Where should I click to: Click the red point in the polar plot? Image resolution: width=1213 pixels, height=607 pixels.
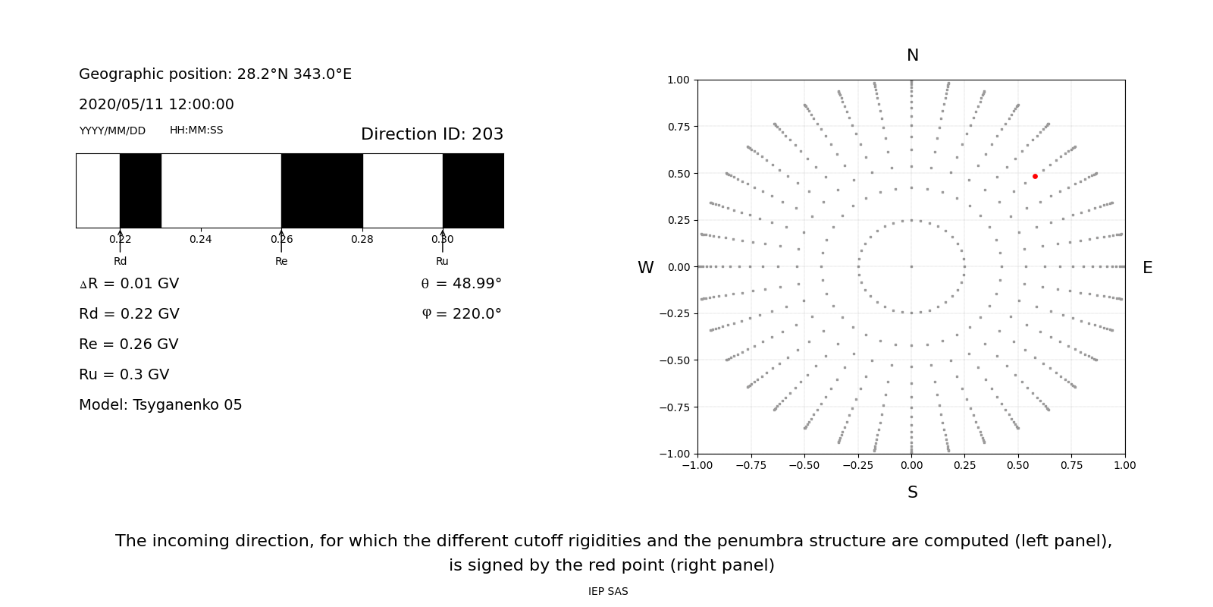[1035, 176]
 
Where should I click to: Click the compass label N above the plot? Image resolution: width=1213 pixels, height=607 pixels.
[913, 55]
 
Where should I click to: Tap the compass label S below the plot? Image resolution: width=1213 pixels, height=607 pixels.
[913, 492]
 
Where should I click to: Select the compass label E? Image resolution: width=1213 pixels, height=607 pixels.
[1147, 268]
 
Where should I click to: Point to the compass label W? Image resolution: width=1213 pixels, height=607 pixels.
[646, 268]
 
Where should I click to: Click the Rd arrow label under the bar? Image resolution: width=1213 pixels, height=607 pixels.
[120, 262]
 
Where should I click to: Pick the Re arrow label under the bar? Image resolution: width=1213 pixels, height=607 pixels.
[281, 262]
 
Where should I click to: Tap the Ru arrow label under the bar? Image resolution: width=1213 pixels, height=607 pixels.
[442, 262]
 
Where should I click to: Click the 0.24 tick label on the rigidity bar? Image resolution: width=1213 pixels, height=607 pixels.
[201, 240]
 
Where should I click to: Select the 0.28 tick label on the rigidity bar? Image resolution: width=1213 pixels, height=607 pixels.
[362, 240]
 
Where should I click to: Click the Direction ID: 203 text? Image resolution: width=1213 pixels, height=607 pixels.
[432, 134]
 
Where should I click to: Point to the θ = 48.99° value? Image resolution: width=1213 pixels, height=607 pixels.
[461, 284]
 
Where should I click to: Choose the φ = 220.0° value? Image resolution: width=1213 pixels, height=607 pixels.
[462, 314]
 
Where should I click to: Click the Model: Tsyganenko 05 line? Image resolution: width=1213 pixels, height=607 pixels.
[161, 405]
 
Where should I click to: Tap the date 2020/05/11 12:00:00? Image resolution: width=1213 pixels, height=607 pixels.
[156, 105]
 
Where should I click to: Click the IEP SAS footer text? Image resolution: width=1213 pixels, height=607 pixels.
[608, 592]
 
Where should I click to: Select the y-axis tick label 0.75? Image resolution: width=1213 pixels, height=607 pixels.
[678, 127]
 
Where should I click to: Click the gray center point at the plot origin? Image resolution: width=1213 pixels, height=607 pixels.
[911, 266]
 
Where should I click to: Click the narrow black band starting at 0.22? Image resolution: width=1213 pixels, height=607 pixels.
[140, 190]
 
